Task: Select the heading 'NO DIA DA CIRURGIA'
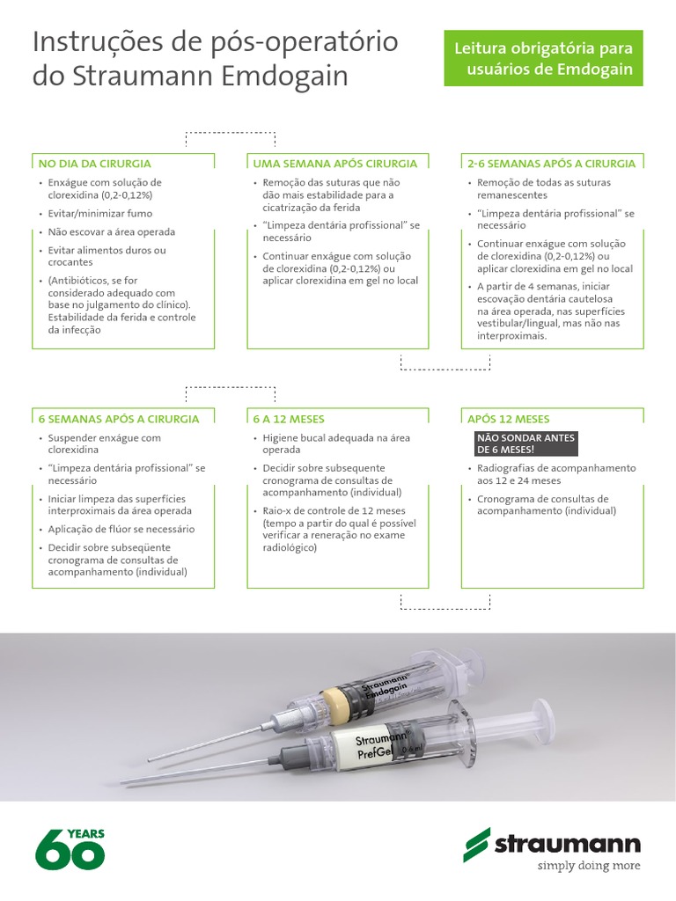[x=94, y=164]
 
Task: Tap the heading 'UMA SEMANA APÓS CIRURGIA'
[x=335, y=164]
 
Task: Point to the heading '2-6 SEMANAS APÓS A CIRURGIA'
[x=551, y=164]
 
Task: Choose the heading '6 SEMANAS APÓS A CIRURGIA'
[x=119, y=419]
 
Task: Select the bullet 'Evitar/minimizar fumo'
[x=100, y=214]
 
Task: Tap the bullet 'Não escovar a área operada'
[x=112, y=232]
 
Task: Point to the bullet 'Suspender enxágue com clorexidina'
[x=105, y=443]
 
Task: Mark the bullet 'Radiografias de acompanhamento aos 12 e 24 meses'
[x=555, y=474]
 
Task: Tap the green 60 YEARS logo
[x=70, y=848]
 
